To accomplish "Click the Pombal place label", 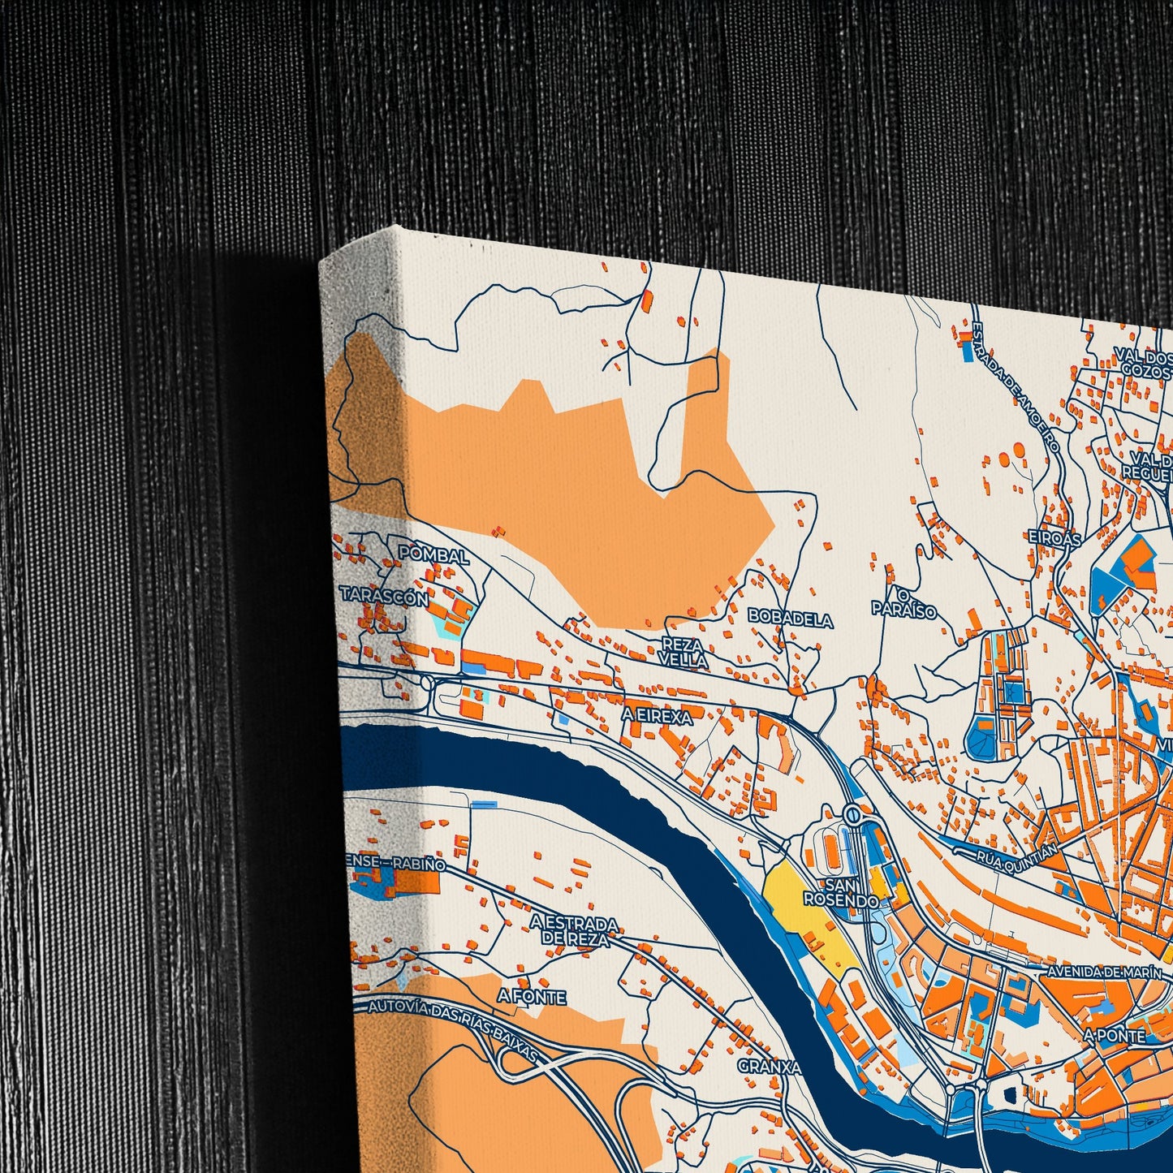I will (x=433, y=556).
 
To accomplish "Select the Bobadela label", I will (x=790, y=619).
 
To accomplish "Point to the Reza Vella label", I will (x=684, y=653).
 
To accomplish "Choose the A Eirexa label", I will (x=658, y=717).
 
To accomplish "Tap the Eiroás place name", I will (x=1054, y=538).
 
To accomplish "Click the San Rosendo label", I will (x=841, y=892).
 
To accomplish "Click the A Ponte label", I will (x=1114, y=1036).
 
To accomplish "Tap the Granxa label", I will (x=769, y=1066).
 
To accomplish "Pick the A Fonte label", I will (x=532, y=997).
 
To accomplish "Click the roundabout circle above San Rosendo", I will (x=851, y=813).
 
